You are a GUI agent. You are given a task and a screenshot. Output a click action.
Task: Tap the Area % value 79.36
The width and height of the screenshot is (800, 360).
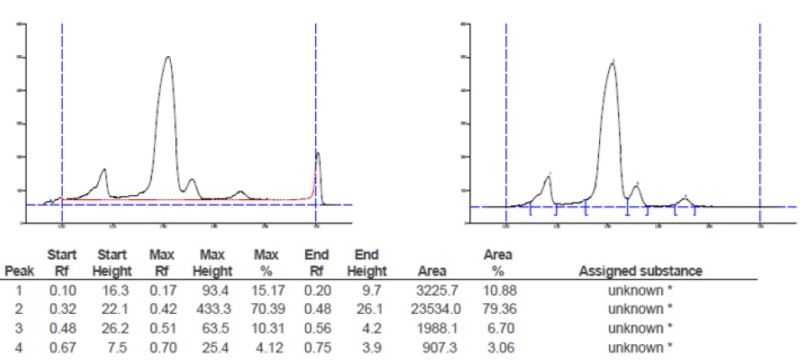coord(497,308)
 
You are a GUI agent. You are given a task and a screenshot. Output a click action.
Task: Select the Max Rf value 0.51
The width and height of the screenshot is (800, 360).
coord(162,327)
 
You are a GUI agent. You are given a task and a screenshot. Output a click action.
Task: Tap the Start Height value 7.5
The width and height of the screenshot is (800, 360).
coord(117,345)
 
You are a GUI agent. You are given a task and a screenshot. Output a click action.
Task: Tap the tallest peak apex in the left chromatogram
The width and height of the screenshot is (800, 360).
coord(168,57)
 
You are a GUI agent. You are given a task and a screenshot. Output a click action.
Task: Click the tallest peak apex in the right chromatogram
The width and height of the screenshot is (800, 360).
coord(612,63)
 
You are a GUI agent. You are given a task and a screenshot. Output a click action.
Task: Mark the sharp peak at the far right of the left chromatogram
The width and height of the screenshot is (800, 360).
coord(318,153)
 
